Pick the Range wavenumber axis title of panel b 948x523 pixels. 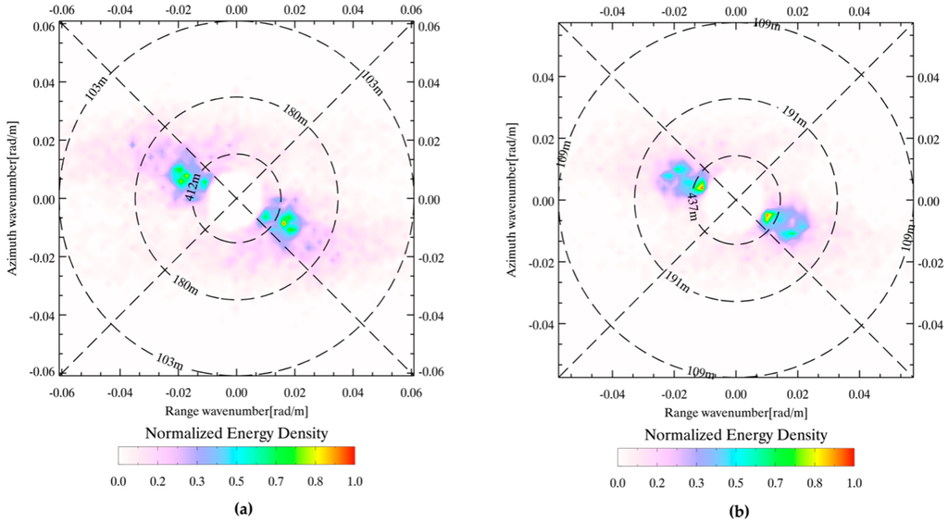click(735, 409)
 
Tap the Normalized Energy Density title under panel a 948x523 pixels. click(236, 433)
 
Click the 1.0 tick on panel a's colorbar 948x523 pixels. click(355, 481)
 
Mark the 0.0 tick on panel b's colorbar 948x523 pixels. click(617, 483)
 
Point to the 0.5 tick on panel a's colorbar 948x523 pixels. click(236, 481)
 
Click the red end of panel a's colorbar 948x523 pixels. click(350, 455)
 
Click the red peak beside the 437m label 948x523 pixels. click(702, 185)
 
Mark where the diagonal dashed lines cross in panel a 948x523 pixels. click(236, 198)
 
